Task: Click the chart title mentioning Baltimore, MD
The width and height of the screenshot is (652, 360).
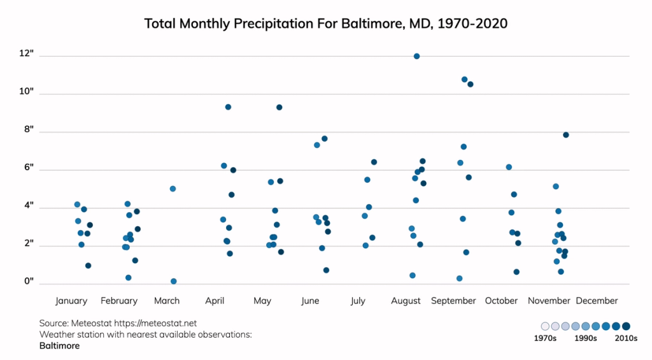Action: point(325,24)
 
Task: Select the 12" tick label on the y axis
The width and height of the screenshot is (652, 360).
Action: point(27,54)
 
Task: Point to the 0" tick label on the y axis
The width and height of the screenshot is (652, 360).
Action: point(29,282)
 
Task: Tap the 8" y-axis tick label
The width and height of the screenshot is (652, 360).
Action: point(29,129)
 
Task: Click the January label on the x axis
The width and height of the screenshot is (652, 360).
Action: point(71,301)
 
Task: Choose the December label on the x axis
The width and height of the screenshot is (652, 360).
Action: point(597,301)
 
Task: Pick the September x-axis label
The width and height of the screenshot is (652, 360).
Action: point(453,301)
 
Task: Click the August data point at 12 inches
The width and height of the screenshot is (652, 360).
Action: point(416,56)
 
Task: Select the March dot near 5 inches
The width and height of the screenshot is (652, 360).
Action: point(173,189)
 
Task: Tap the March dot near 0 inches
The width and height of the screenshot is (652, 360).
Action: point(173,281)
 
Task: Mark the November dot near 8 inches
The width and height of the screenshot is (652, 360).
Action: point(565,134)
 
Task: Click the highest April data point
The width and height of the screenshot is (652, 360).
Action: point(228,107)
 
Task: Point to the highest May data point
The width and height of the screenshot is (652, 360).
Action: point(279,107)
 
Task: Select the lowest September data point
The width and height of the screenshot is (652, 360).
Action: point(459,278)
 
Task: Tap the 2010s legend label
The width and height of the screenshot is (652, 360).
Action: point(625,339)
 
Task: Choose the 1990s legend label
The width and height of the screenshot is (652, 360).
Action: point(585,339)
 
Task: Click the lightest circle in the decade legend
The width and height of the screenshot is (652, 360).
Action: point(545,326)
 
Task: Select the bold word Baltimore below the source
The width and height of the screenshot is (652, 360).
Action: point(59,346)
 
